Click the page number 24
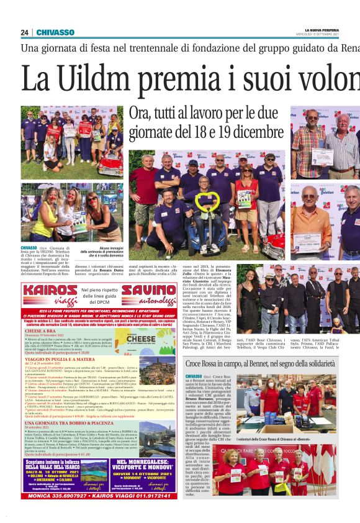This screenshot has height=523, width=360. (24, 32)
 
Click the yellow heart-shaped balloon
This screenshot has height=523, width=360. (206, 201)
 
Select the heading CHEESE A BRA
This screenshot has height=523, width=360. (43, 331)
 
